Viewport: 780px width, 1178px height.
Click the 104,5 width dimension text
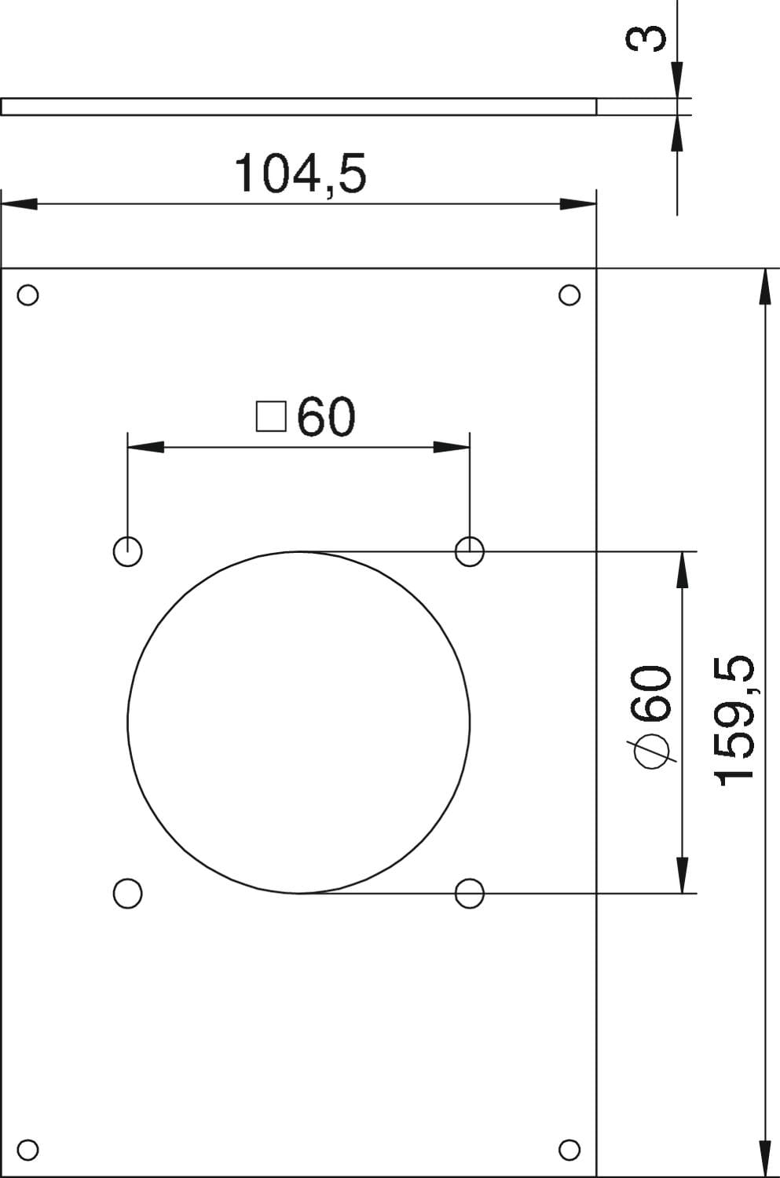click(x=300, y=174)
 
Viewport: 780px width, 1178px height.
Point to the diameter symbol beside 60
click(x=652, y=751)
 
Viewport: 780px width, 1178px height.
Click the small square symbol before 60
click(x=272, y=416)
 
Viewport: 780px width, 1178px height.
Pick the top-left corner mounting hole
click(x=27, y=294)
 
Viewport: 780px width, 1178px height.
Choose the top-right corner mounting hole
click(x=569, y=294)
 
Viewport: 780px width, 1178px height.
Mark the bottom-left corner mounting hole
click(x=27, y=1150)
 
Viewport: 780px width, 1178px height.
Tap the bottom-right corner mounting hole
click(x=569, y=1150)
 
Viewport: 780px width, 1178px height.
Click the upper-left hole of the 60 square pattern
click(x=127, y=551)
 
